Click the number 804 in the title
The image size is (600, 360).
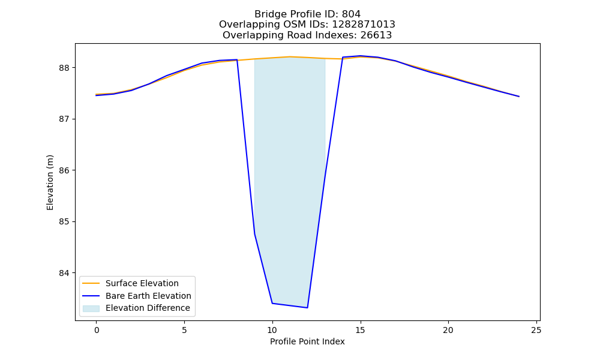(x=351, y=14)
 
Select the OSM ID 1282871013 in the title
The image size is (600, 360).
(x=363, y=25)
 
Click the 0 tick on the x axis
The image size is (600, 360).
(x=97, y=330)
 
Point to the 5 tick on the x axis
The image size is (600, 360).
(x=184, y=330)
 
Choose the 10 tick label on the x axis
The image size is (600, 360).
(x=272, y=330)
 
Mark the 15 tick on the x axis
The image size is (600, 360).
(x=360, y=330)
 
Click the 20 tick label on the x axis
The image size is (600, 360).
(x=448, y=330)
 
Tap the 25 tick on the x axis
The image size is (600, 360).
(x=536, y=330)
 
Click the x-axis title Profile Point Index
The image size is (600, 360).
(x=307, y=341)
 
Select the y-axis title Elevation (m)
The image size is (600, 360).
(x=50, y=182)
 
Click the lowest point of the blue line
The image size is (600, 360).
(x=307, y=308)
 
